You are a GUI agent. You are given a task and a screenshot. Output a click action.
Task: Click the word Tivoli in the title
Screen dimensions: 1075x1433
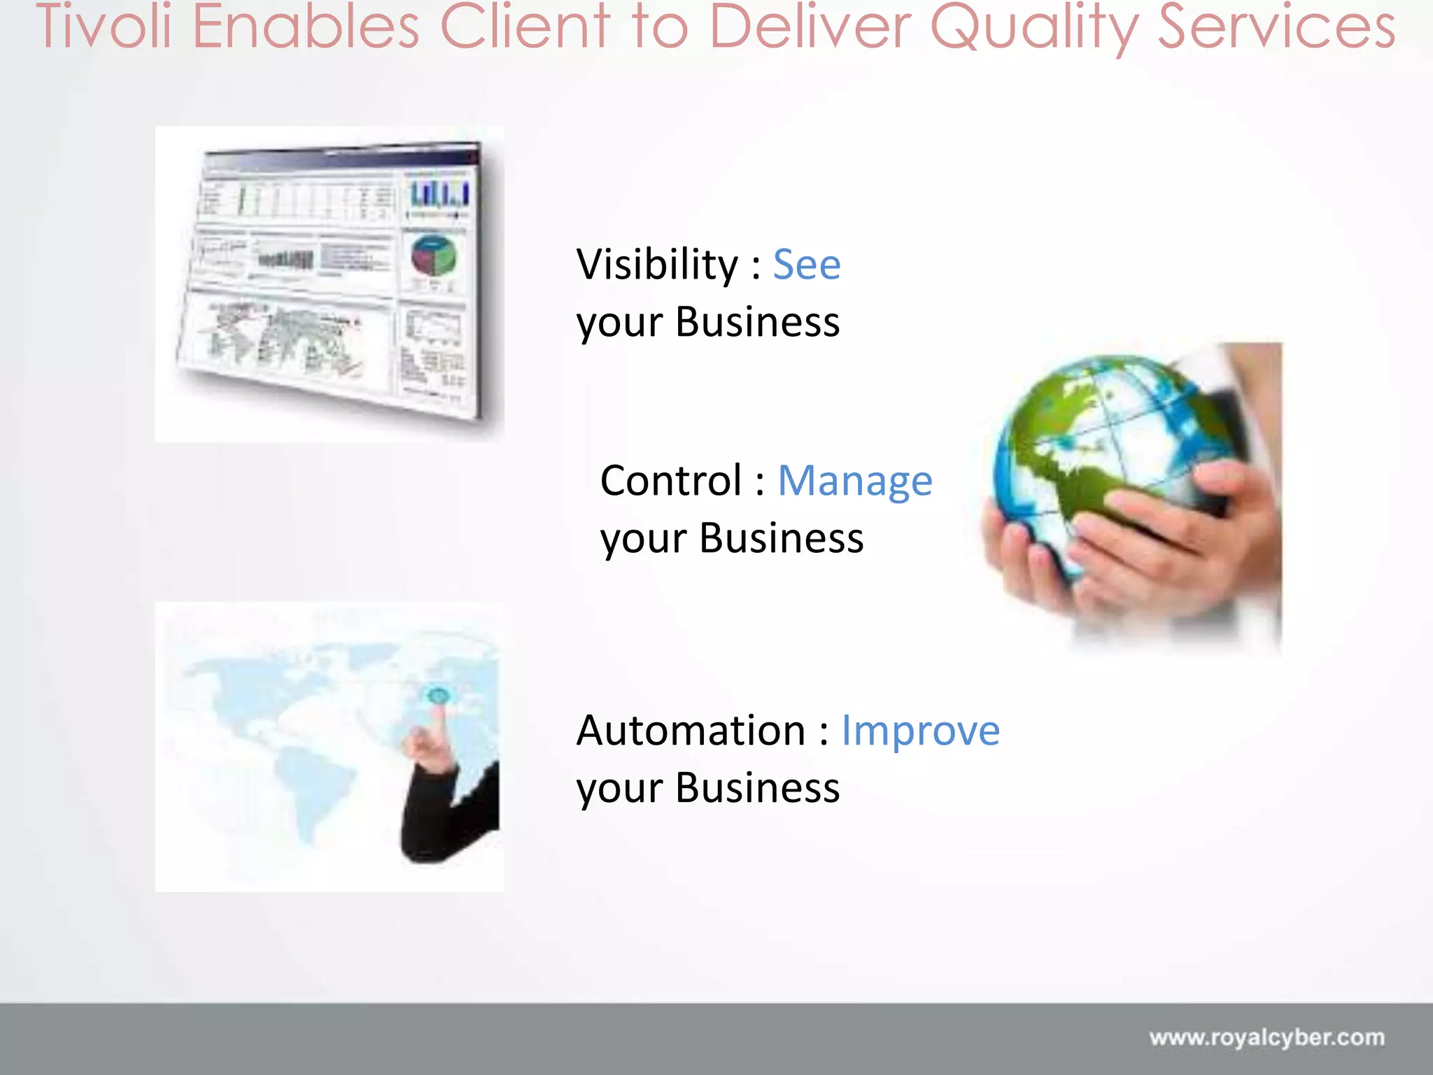click(104, 27)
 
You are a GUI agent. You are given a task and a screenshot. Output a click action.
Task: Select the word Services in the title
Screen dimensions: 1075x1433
click(1276, 27)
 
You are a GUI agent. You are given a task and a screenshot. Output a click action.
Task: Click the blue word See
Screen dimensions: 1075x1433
click(806, 265)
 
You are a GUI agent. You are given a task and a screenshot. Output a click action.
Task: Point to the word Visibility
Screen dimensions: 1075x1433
click(657, 265)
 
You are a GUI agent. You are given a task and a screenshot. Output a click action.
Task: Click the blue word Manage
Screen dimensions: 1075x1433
click(854, 482)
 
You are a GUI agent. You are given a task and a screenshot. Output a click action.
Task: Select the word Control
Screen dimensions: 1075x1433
click(671, 482)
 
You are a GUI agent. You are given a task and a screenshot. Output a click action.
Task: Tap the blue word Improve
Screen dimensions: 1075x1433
click(919, 731)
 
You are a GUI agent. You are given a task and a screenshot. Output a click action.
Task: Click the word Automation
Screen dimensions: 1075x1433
click(691, 731)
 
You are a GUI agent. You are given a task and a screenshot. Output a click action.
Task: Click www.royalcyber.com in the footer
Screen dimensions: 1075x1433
click(1266, 1037)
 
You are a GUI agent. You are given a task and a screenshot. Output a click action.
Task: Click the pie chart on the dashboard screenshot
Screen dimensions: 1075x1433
click(433, 255)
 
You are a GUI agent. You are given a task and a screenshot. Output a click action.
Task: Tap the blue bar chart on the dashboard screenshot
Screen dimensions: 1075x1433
click(439, 194)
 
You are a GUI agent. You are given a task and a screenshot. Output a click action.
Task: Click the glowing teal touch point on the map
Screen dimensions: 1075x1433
click(438, 696)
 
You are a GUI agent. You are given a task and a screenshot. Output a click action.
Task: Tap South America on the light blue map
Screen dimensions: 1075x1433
click(308, 791)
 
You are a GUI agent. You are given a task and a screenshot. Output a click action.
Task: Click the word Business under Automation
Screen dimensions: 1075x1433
click(757, 789)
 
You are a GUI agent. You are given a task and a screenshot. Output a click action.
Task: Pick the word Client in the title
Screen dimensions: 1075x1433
click(525, 27)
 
